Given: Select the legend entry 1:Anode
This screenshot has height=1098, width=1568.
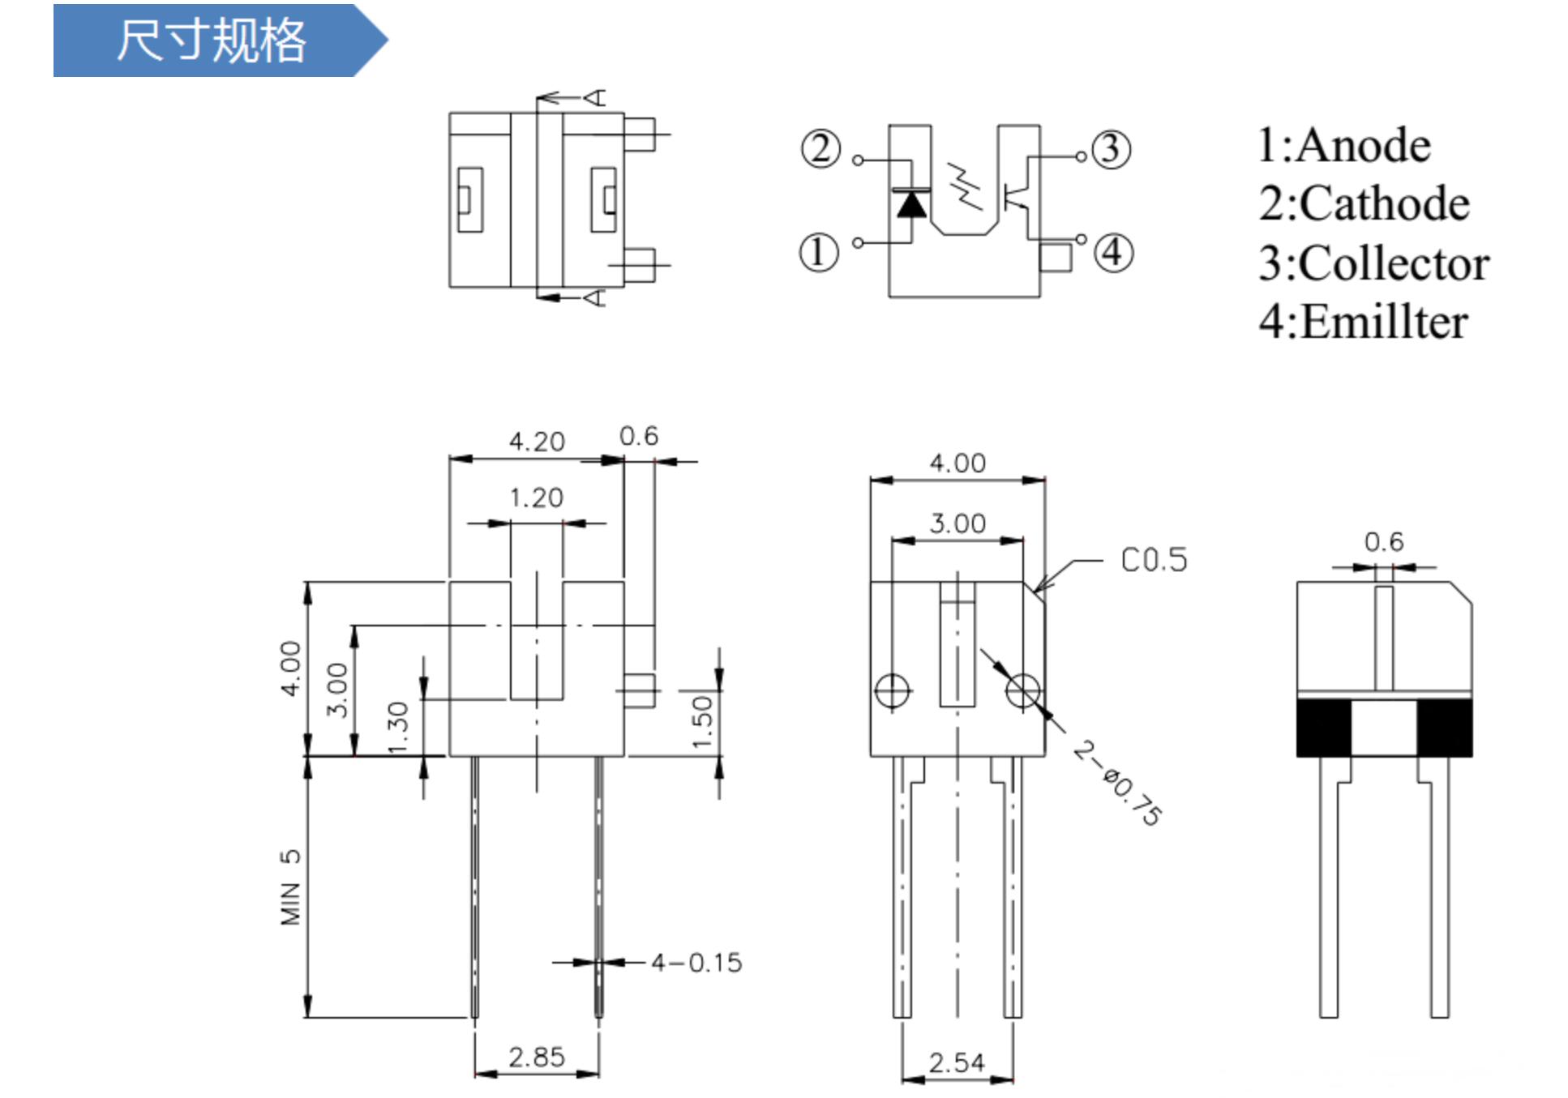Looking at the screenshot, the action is coord(1343,146).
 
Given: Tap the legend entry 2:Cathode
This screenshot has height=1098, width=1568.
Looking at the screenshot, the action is coord(1364,203).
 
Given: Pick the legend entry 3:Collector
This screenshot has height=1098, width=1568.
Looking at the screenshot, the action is coord(1373,263).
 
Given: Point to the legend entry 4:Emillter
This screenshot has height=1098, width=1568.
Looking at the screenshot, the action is coord(1363,322).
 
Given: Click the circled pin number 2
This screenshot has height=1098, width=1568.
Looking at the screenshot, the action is coord(820,149).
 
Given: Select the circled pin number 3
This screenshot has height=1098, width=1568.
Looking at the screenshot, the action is coord(1111,149).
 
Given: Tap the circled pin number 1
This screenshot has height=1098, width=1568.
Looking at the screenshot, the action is coord(819,252).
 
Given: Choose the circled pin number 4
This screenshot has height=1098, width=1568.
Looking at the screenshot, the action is coord(1114,252).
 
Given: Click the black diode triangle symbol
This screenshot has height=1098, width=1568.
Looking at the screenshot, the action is coord(911,205).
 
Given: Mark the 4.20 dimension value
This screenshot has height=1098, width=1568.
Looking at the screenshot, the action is coord(537,442).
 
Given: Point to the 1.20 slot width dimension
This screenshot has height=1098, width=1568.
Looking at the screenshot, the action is coord(537,498).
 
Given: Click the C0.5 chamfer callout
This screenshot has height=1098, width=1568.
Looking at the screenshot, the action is coord(1154,560).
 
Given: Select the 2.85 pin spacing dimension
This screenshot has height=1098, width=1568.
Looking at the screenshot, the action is coord(537,1057).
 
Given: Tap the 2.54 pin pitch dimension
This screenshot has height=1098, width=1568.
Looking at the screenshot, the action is coord(957,1062).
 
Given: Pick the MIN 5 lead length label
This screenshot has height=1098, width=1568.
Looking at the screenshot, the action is coord(290,887).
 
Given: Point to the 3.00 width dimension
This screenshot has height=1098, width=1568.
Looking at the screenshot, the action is coord(958,523).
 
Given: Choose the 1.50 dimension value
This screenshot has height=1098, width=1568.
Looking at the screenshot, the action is coord(702,721).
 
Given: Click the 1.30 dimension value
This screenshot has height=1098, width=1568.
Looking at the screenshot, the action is coord(397,728).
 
